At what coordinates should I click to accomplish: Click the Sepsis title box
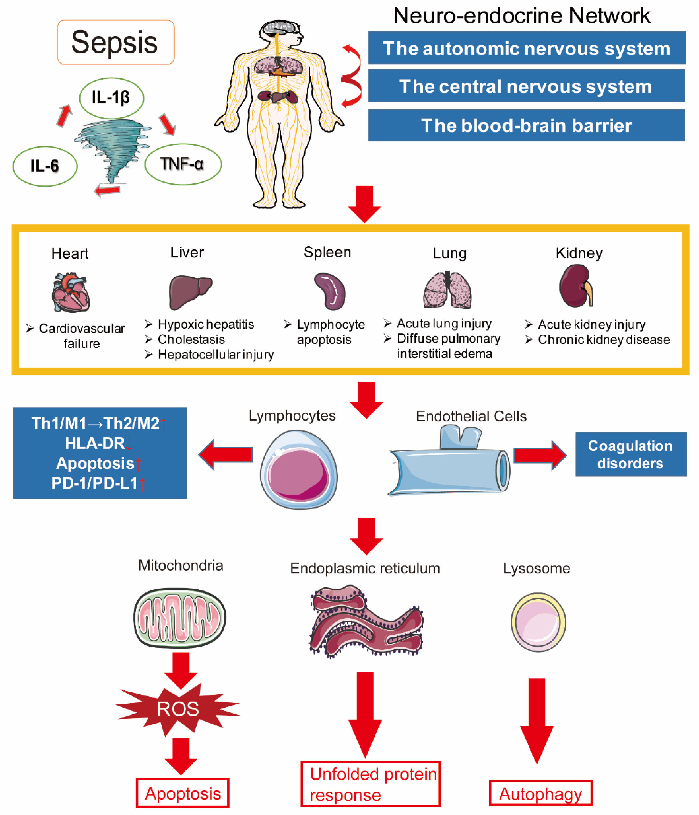point(116,42)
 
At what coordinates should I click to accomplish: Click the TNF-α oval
point(183,164)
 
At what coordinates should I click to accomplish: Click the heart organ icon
point(71,292)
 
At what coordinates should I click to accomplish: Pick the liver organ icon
point(189,291)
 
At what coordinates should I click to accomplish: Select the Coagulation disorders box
point(630,454)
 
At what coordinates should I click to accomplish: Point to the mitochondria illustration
point(180,618)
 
